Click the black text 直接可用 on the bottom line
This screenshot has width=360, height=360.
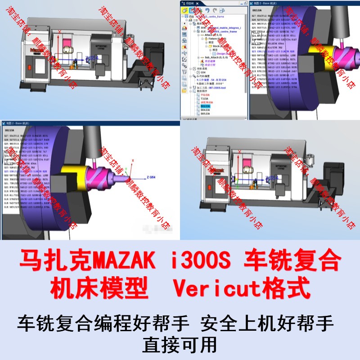pyautogui.click(x=180, y=345)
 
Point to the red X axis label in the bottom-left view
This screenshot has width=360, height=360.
pyautogui.click(x=132, y=160)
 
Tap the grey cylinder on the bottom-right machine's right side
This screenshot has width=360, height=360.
pyautogui.click(x=310, y=158)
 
